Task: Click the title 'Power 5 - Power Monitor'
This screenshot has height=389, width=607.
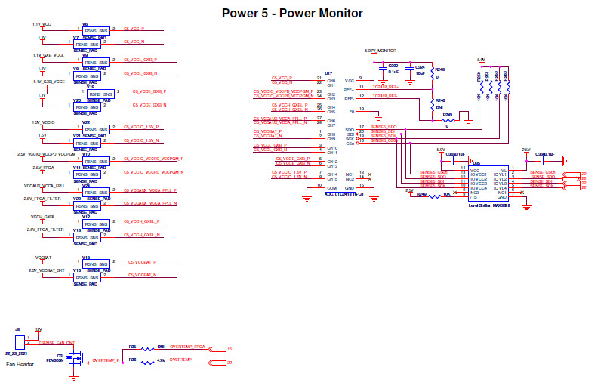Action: (x=292, y=13)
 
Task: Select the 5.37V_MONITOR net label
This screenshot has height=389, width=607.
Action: (x=381, y=50)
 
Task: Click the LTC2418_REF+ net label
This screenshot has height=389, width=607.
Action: (x=384, y=87)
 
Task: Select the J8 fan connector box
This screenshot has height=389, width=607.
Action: (x=20, y=342)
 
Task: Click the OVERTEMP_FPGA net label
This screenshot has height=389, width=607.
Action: (x=188, y=348)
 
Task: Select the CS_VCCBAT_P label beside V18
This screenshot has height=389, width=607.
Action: (x=142, y=262)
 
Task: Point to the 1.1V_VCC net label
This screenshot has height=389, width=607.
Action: (x=42, y=25)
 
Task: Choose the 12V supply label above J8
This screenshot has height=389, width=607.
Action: (x=39, y=330)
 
